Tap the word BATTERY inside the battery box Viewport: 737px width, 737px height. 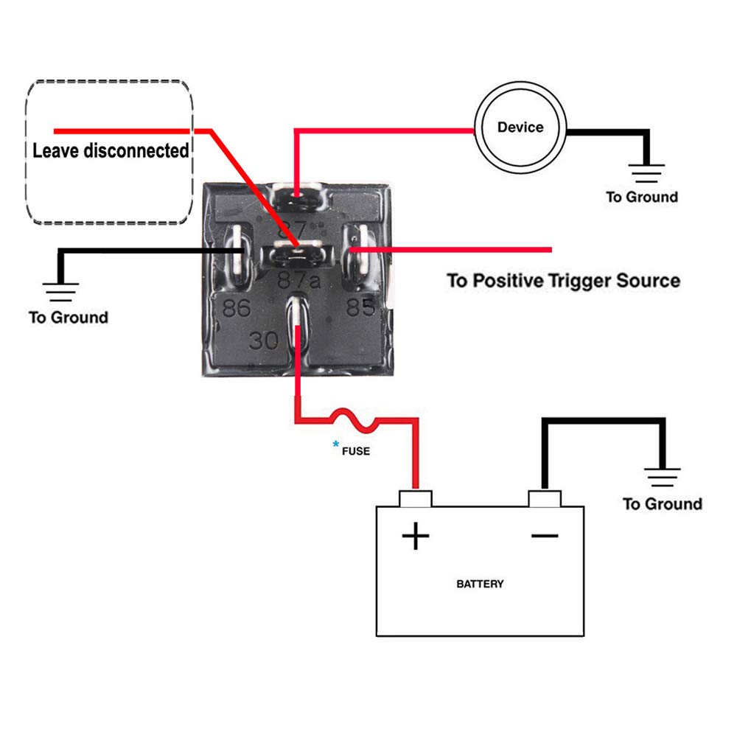coord(480,584)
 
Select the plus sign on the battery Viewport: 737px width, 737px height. coord(416,536)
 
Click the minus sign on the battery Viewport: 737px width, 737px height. coord(545,536)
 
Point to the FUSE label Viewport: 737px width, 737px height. coord(355,450)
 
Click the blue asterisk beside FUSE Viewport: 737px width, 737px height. coord(336,444)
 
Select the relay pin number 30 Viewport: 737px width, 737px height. coord(263,340)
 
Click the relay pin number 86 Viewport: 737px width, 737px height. coord(237,307)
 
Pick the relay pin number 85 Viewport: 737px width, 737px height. coord(360,307)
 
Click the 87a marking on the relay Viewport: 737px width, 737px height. coord(298,281)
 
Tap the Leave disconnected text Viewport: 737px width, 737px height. coord(111,151)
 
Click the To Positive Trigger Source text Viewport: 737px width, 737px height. coord(563,281)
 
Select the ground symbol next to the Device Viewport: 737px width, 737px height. coord(647,173)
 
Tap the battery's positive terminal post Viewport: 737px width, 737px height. coord(415,498)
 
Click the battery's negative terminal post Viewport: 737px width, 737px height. coord(545,498)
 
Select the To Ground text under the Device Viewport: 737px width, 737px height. coord(642,197)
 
